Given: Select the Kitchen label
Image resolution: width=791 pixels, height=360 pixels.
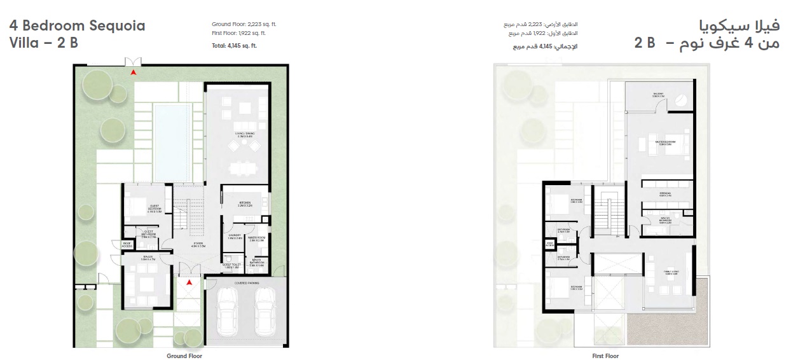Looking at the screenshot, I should (245, 205).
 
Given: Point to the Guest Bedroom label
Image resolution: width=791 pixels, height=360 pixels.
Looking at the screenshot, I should (155, 207).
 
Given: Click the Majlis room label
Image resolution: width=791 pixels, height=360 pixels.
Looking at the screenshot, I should (148, 258).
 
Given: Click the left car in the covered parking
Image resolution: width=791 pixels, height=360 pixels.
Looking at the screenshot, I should (227, 312).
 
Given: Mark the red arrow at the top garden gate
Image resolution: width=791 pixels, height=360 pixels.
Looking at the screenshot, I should (133, 73).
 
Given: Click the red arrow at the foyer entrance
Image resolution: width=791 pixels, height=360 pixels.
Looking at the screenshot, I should (189, 282).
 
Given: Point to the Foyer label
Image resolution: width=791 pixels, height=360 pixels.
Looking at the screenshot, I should (199, 244).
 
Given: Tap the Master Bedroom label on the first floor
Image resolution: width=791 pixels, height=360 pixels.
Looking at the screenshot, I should (666, 142).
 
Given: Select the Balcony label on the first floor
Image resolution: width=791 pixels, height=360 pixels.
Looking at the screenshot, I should (657, 95).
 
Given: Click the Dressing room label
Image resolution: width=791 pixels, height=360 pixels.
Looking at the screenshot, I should (666, 194).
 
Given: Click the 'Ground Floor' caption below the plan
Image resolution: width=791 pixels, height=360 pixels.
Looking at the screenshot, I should (184, 356).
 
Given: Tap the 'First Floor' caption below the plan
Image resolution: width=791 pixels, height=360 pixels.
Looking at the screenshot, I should (605, 356).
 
